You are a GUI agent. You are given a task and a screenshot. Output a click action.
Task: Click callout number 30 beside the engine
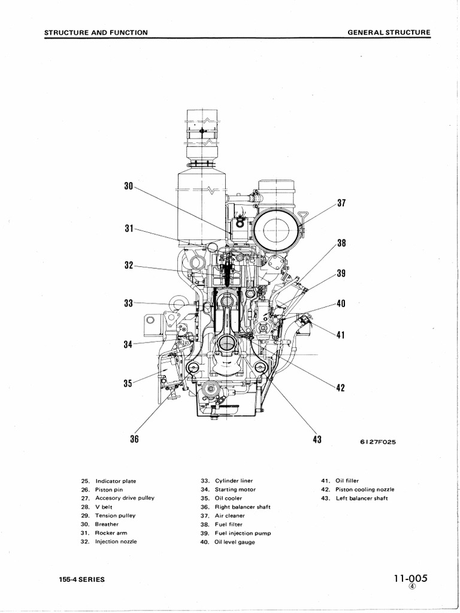[128, 186]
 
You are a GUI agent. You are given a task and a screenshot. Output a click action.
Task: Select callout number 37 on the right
[341, 203]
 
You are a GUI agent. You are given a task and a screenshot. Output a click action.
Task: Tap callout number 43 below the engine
[317, 440]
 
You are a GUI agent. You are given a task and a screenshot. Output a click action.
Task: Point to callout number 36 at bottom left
[134, 440]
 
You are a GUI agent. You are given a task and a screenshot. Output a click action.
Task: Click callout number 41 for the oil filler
[341, 335]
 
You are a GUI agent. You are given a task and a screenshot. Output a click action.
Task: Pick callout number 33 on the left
[128, 304]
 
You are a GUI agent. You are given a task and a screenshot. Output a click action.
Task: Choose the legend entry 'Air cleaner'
[230, 515]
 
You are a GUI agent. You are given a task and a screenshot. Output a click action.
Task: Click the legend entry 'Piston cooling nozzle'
[365, 489]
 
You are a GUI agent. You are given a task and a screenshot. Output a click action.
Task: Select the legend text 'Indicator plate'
[116, 481]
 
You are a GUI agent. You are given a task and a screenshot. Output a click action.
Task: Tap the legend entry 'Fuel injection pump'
[243, 533]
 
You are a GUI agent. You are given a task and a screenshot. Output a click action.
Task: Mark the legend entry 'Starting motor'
[235, 489]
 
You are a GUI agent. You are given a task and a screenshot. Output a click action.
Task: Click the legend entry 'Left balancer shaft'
[361, 498]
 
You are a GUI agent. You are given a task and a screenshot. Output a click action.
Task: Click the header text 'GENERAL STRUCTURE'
[389, 32]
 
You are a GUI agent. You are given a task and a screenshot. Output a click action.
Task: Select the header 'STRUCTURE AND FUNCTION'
[96, 32]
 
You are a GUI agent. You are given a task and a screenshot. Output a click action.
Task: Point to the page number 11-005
[411, 578]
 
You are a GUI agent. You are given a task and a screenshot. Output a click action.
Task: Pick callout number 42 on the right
[341, 387]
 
